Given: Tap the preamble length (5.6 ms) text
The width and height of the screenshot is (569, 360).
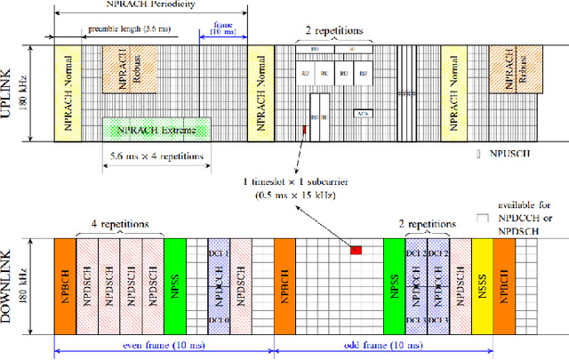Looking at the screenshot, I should pos(124,28).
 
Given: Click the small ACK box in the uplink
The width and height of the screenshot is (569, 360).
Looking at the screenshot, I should pos(362,114).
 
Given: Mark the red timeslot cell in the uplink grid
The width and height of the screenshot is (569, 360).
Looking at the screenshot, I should pos(305,131).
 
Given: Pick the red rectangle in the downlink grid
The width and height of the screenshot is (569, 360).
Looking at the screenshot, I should pos(356,250).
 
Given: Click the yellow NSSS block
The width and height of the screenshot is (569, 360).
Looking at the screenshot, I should pos(482,276).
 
